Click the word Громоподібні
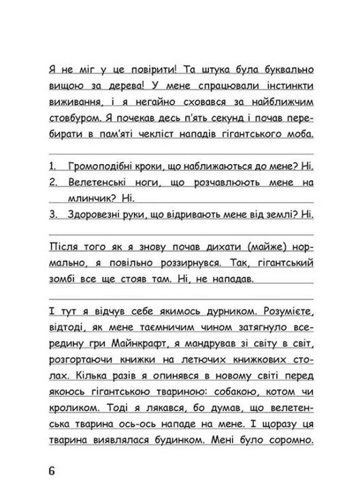point(99,167)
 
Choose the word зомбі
point(65,278)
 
